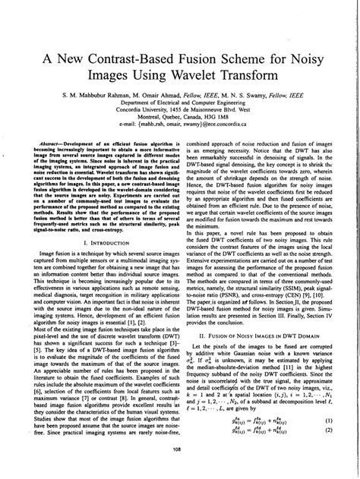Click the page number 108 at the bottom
pyautogui.click(x=179, y=471)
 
